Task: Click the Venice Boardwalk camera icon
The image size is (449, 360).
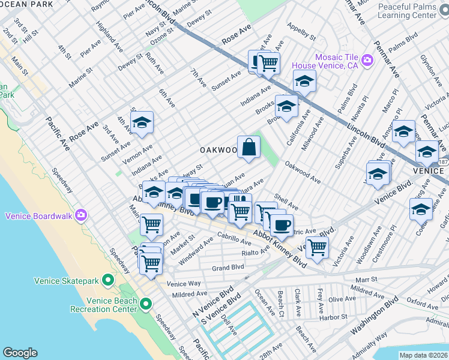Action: [x=81, y=215]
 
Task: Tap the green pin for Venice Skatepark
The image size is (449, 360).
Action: [x=107, y=280]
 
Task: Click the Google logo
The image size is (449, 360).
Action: [x=20, y=353]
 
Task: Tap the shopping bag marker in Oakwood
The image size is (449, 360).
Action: [x=249, y=146]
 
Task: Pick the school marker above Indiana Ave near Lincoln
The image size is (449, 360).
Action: [x=304, y=80]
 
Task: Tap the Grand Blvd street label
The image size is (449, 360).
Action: [x=228, y=267]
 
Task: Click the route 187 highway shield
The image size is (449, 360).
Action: [x=442, y=163]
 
